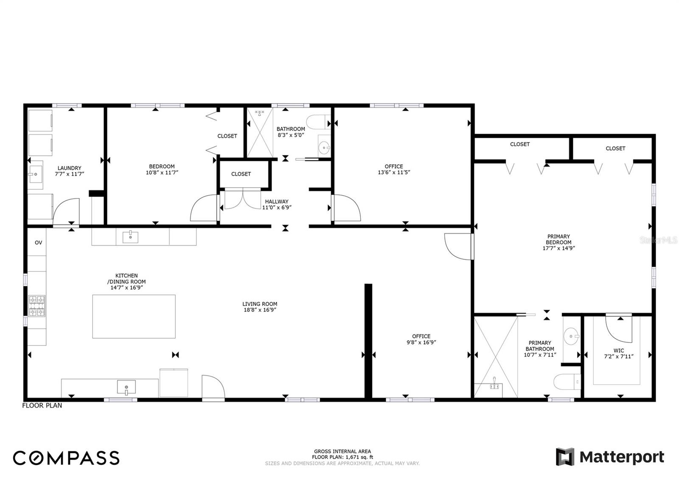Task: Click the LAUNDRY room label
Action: [70, 168]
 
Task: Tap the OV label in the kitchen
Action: [38, 243]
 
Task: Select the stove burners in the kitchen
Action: [37, 306]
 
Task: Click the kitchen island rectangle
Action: [134, 316]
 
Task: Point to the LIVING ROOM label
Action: [260, 304]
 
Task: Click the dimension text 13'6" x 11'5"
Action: [394, 172]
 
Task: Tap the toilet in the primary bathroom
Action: [567, 382]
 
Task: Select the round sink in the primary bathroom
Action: [572, 336]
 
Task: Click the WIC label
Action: [619, 351]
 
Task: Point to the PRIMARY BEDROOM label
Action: [558, 239]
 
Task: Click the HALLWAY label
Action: [277, 201]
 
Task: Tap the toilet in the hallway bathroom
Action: [318, 122]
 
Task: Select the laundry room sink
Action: [36, 174]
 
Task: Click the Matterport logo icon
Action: [565, 457]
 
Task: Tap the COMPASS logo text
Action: [66, 458]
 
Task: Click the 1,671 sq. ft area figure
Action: [359, 457]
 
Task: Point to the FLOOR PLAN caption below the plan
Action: [42, 405]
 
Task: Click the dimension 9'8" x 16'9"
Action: [421, 342]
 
